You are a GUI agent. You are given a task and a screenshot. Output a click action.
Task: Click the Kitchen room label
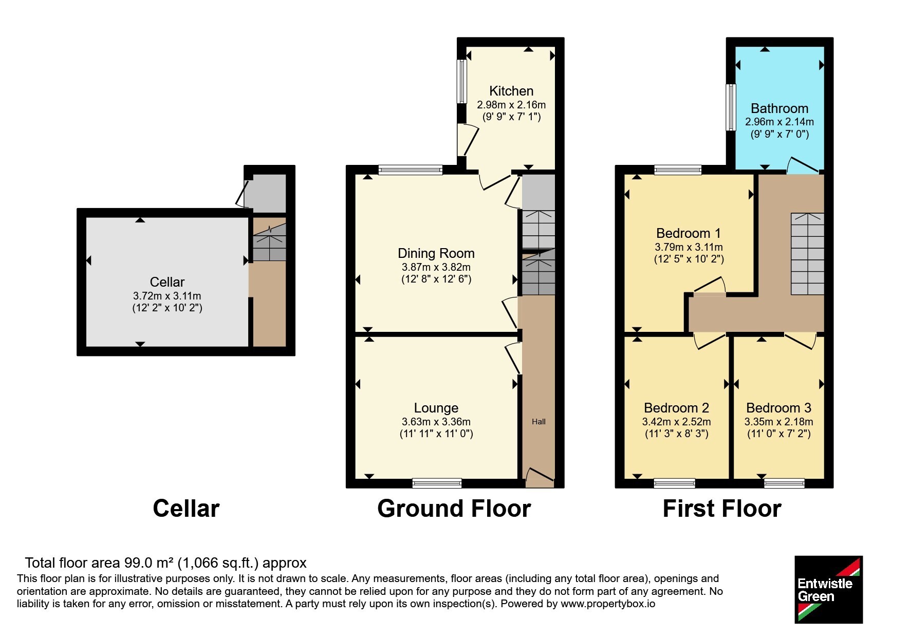click(511, 91)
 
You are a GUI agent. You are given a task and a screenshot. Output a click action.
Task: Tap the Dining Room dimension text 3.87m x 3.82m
click(436, 267)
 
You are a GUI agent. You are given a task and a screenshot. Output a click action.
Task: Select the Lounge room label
click(436, 408)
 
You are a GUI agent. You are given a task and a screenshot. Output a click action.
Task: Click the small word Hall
click(538, 422)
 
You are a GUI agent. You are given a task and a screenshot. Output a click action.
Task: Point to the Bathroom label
click(779, 108)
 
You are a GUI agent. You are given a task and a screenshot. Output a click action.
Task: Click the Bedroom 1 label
click(689, 233)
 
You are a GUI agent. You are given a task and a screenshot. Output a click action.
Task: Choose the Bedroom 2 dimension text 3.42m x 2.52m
click(677, 422)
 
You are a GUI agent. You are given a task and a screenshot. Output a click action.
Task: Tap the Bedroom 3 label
click(778, 408)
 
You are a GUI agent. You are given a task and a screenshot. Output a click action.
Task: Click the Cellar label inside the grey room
click(167, 282)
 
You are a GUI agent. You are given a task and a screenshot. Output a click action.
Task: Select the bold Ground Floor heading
click(454, 509)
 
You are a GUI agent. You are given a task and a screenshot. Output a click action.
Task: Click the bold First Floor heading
click(722, 509)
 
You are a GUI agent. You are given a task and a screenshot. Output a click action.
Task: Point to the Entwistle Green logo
click(828, 590)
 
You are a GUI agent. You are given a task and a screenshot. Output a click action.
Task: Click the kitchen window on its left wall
click(462, 82)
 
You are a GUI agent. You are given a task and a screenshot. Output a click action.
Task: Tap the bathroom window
click(731, 107)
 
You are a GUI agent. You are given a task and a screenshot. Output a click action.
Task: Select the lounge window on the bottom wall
click(437, 483)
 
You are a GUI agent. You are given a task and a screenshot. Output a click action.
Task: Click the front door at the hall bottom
click(539, 477)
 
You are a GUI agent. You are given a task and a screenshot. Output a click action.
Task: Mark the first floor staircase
click(807, 254)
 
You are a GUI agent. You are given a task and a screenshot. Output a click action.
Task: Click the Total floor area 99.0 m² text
click(166, 563)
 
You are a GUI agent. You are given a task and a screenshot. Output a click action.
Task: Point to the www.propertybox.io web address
click(608, 604)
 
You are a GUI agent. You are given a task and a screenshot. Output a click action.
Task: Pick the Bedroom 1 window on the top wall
click(678, 170)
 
